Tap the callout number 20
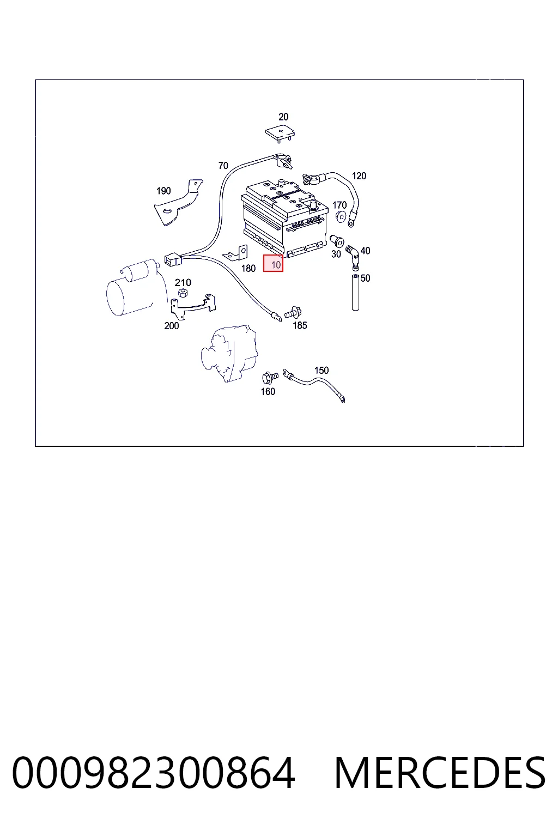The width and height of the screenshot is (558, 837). [x=283, y=117]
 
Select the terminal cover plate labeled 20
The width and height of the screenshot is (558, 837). [x=280, y=134]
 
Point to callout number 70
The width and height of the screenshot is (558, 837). [x=223, y=165]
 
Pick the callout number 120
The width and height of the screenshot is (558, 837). [x=359, y=175]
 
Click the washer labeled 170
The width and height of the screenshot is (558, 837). [x=341, y=216]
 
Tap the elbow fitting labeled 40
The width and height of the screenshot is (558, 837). [x=353, y=256]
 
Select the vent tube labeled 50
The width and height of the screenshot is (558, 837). [x=355, y=292]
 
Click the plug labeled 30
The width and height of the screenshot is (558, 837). [x=337, y=241]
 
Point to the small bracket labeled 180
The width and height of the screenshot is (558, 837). [x=236, y=253]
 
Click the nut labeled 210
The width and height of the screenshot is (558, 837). [x=183, y=293]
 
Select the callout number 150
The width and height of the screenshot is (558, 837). [x=322, y=370]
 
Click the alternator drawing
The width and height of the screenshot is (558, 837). [x=229, y=353]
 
